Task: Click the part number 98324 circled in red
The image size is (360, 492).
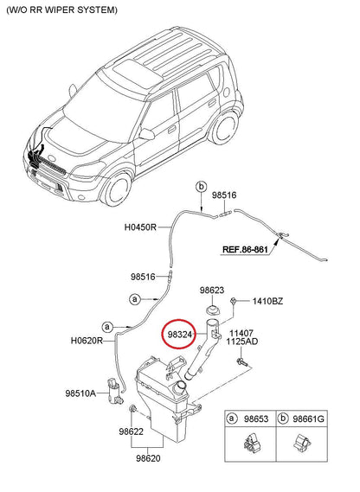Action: [x=180, y=335]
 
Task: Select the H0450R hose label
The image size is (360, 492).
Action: [x=140, y=227]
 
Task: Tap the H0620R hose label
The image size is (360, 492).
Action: [x=87, y=341]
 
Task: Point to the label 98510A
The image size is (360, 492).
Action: [x=80, y=393]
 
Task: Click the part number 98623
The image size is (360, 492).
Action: [x=212, y=291]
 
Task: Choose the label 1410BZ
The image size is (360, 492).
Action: [x=267, y=301]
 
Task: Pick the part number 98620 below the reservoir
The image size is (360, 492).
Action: [x=148, y=458]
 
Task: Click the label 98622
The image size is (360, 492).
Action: [x=131, y=431]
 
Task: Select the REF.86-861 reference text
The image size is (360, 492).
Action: [x=245, y=249]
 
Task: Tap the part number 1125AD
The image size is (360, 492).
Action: [x=242, y=342]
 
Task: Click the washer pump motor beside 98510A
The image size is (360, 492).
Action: [x=114, y=391]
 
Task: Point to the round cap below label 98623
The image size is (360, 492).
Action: [x=213, y=310]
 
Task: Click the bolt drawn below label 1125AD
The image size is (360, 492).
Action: [x=242, y=362]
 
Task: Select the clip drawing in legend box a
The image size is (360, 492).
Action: [x=251, y=444]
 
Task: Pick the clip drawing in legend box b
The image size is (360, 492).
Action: [x=302, y=443]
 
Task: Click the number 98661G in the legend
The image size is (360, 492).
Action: [x=308, y=419]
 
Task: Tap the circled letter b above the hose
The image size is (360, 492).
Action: [x=201, y=187]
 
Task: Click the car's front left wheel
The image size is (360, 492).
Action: [x=118, y=188]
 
